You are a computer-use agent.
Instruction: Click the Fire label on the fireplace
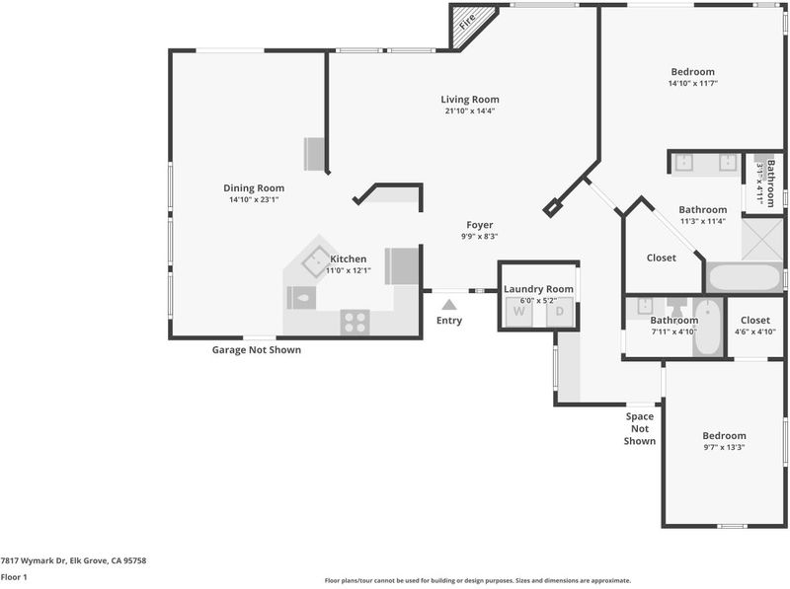point(467,21)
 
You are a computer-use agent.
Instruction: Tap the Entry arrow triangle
point(449,305)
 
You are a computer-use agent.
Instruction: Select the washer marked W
point(519,312)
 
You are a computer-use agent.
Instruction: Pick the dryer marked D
point(560,312)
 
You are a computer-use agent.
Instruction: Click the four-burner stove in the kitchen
point(355,323)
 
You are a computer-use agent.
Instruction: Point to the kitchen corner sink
point(316,261)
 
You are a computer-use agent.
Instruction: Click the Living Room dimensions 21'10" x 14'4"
point(470,110)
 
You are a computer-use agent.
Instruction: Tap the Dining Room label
point(254,188)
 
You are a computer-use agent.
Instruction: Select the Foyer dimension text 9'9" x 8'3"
point(480,236)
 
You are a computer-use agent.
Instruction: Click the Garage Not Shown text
point(257,350)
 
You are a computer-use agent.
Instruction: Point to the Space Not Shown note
point(640,428)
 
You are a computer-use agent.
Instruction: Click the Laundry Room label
point(538,289)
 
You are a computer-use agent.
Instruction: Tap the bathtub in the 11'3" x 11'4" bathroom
point(745,277)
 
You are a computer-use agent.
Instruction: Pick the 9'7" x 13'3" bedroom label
point(724,436)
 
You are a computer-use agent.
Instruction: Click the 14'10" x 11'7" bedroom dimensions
point(693,84)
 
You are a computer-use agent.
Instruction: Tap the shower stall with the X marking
point(762,240)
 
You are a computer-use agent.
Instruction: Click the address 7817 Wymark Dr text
point(34,560)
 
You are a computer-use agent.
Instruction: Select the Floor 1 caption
point(14,577)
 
